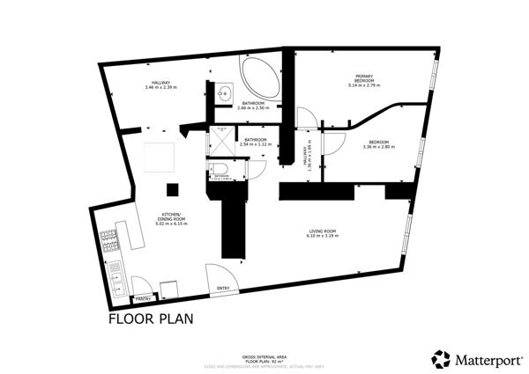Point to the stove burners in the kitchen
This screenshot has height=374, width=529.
110,242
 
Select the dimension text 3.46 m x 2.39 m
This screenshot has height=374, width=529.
161,88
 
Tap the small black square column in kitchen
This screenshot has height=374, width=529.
173,189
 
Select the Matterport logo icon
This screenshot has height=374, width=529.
441,359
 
